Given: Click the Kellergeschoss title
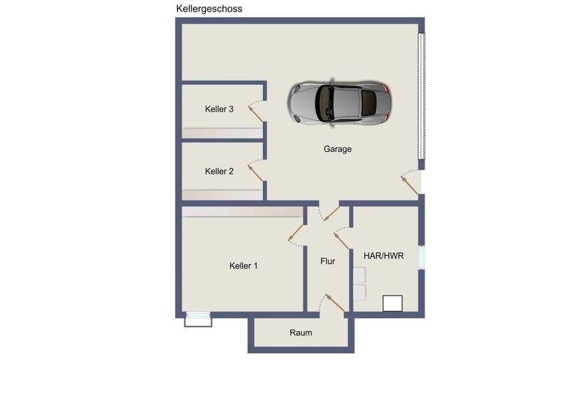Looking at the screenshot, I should pyautogui.click(x=209, y=9).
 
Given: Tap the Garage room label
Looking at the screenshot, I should pyautogui.click(x=337, y=149).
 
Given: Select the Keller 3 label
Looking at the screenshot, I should pyautogui.click(x=219, y=109).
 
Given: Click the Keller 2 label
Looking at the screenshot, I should pyautogui.click(x=219, y=171).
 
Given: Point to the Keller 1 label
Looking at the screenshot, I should pyautogui.click(x=244, y=265).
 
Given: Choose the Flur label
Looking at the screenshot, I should pyautogui.click(x=328, y=261).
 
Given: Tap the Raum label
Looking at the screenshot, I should pyautogui.click(x=300, y=333).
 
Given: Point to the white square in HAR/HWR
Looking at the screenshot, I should pyautogui.click(x=392, y=303).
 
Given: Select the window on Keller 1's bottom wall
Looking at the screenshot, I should pyautogui.click(x=198, y=319).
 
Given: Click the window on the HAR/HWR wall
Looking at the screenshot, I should pyautogui.click(x=422, y=257).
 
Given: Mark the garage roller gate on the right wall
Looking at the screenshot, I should pyautogui.click(x=422, y=96).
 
